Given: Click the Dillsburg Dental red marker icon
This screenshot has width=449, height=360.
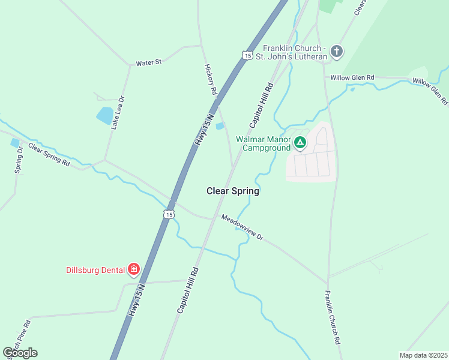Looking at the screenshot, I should (134, 269).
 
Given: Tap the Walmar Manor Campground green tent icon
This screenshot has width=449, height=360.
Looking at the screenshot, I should (300, 143).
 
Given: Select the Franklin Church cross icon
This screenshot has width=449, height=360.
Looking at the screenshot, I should (337, 51).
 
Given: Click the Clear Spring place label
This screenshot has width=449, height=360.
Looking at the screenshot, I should (233, 191).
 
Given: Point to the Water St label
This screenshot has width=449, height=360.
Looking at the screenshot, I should (149, 62).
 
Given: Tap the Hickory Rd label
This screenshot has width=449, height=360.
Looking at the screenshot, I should (210, 80).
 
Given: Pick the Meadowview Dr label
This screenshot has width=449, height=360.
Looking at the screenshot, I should (243, 227).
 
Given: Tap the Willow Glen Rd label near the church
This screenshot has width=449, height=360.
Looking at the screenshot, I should (351, 77).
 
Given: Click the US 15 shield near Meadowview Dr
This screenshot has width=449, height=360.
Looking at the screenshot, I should (170, 214).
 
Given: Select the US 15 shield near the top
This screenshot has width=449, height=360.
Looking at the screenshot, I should (247, 55).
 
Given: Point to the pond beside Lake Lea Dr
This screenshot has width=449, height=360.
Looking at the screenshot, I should (104, 115).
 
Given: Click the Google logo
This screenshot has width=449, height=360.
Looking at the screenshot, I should (20, 352).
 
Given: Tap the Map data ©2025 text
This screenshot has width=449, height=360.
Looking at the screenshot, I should (423, 355).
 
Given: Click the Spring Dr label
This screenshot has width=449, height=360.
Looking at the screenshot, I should (19, 160).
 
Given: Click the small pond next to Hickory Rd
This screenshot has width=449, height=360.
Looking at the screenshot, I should (220, 126).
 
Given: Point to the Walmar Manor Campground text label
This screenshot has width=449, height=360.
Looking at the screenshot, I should (264, 143).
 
